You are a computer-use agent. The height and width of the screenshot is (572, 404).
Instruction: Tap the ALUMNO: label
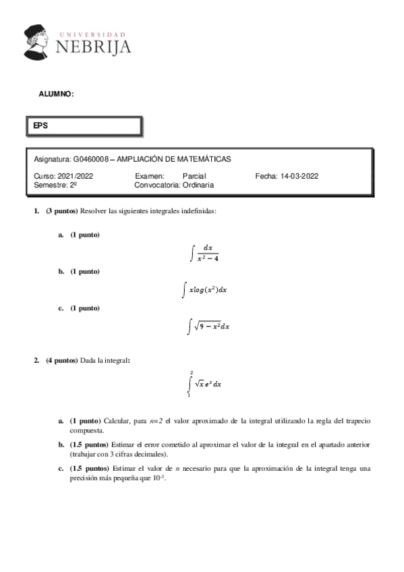tap(56, 94)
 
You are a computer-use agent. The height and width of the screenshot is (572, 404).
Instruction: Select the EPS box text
tap(40, 125)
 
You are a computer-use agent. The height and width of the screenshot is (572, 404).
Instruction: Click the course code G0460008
tap(90, 159)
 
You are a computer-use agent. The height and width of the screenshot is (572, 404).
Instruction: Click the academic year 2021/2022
tap(75, 175)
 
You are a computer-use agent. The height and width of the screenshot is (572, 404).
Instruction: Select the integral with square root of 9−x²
tap(209, 326)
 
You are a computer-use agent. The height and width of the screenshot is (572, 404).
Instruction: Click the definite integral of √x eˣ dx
tap(206, 384)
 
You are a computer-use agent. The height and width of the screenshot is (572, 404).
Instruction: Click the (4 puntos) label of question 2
tap(62, 360)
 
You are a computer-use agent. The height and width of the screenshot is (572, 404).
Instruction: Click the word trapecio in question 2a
tap(355, 421)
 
